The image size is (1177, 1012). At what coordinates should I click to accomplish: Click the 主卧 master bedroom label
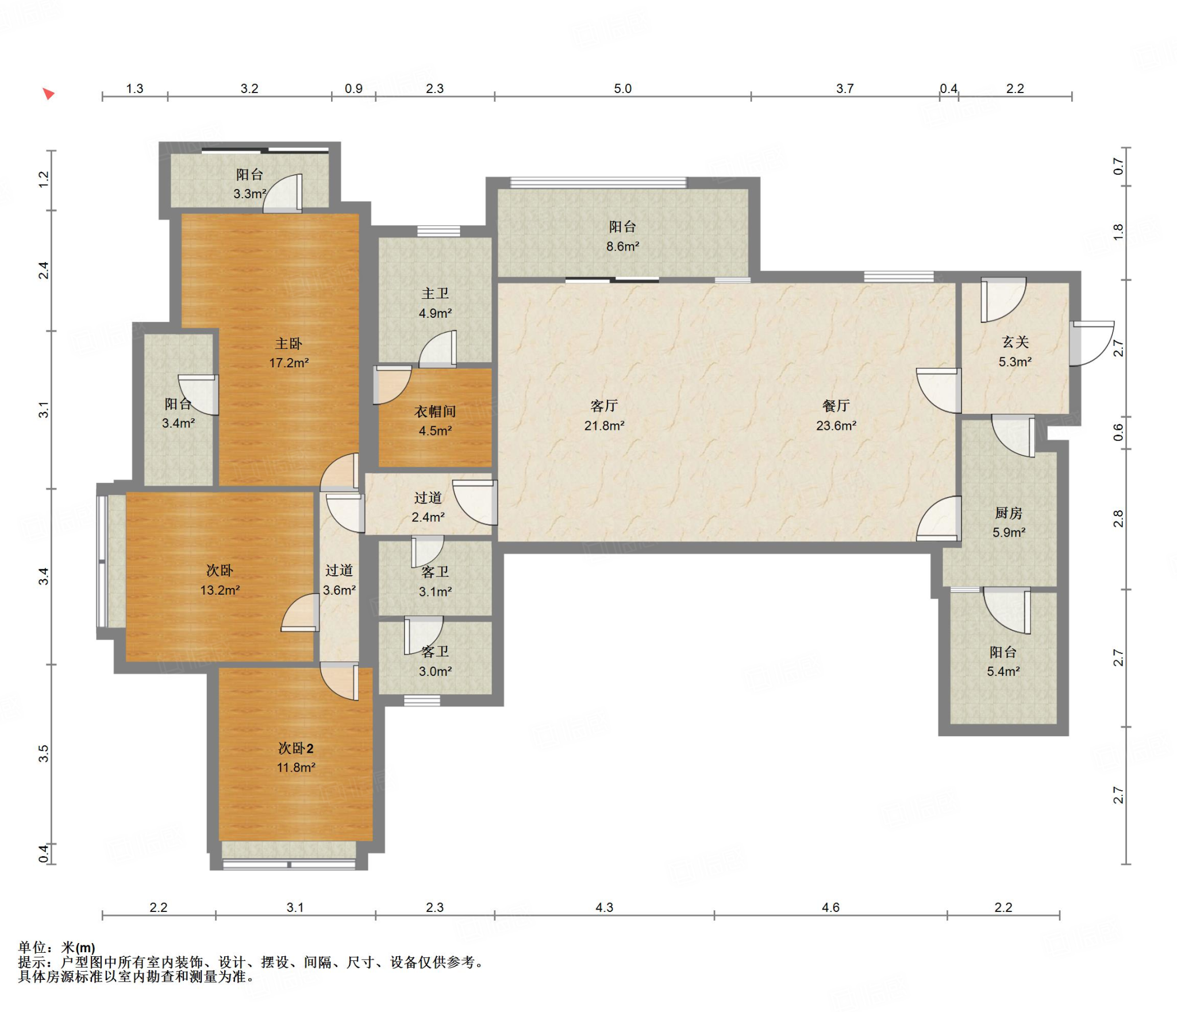click(289, 344)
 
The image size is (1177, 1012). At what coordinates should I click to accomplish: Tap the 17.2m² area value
click(289, 363)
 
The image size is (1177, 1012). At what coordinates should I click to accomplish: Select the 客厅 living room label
click(604, 406)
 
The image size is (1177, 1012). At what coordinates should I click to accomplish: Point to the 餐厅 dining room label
click(836, 406)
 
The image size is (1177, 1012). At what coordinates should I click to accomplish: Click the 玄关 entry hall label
click(1015, 342)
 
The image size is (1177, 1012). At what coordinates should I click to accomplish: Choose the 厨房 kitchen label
click(1009, 513)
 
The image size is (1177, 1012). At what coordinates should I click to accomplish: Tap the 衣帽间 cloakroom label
click(435, 411)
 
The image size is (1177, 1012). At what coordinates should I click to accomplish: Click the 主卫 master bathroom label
click(435, 294)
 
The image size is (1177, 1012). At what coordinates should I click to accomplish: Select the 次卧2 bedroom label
click(296, 748)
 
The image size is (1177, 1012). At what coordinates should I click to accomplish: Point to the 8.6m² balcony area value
click(622, 247)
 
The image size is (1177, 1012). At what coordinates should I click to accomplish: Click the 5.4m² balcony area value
click(1003, 671)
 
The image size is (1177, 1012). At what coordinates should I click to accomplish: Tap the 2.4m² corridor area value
click(428, 517)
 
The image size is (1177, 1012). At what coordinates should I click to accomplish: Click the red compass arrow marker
click(49, 94)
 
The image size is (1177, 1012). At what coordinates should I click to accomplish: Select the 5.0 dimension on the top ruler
click(622, 88)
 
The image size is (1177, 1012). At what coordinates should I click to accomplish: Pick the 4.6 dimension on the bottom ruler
click(830, 907)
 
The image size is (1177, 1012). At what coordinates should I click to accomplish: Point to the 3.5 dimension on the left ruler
click(44, 753)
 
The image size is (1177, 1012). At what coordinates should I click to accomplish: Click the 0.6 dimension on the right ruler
click(1118, 432)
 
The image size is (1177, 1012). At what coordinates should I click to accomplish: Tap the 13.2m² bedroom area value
click(220, 590)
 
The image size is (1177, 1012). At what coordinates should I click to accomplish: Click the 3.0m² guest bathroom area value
click(435, 671)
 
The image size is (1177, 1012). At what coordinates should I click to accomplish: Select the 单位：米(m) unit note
click(56, 948)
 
